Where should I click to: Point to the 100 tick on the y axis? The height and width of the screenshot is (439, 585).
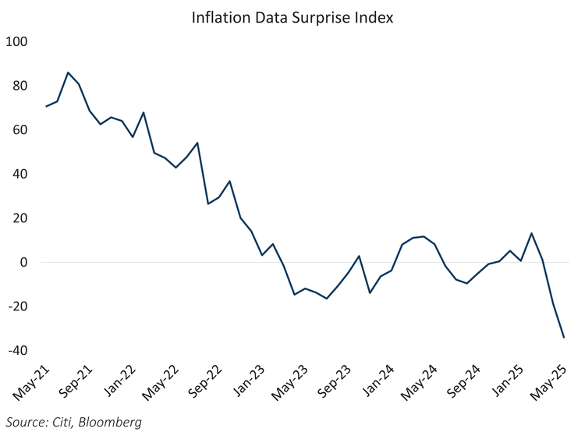(x=16, y=41)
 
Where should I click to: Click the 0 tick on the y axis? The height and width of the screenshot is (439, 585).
(x=23, y=263)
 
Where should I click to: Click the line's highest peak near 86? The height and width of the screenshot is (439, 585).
(x=68, y=73)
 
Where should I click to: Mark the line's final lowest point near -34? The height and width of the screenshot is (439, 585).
(x=564, y=338)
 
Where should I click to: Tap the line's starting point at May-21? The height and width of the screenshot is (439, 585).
(x=46, y=106)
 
